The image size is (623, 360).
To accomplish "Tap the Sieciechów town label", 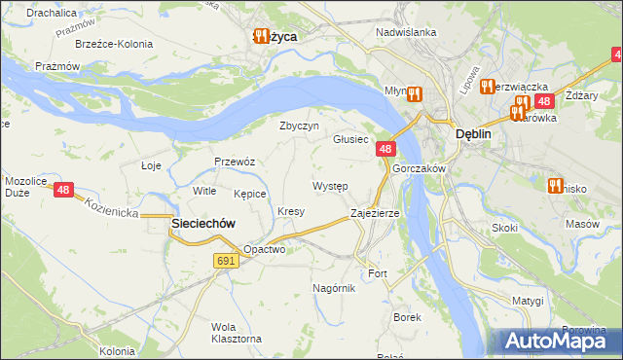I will point(203,223).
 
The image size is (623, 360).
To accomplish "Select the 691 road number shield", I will point(226,261).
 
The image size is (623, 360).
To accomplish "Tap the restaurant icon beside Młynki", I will point(414,94).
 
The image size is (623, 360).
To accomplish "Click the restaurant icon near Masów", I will point(556,186).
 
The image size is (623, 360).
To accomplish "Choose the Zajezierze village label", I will point(375,212).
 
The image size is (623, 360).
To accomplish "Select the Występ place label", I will point(330,185).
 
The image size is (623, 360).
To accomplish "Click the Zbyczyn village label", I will point(299,126).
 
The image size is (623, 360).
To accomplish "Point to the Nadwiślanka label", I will point(406,31).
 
